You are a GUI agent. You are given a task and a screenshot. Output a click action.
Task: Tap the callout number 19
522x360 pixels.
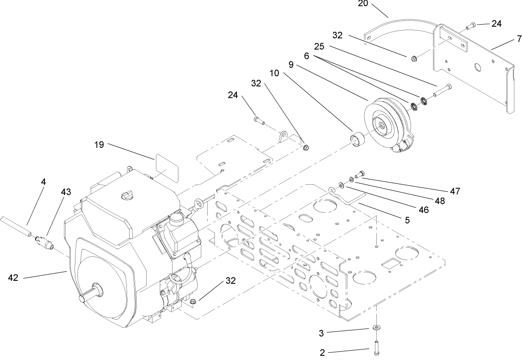[x=99, y=145]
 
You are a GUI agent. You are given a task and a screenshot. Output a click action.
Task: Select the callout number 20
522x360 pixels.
[x=363, y=4]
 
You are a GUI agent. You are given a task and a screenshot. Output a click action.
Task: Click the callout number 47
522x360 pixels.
[x=455, y=191]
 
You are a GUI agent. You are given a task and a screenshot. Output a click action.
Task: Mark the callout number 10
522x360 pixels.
[x=274, y=73]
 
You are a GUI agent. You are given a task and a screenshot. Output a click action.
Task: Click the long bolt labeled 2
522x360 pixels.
[x=376, y=348]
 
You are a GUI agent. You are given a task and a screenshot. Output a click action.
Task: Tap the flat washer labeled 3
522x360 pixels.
[x=376, y=328]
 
